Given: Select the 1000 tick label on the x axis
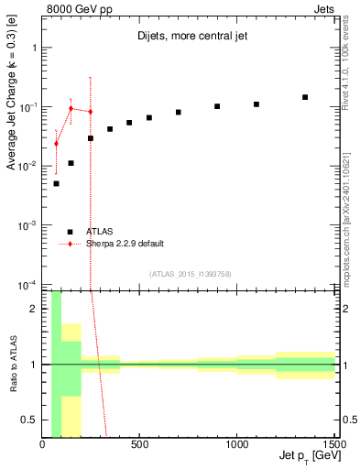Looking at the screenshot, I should tap(237, 444).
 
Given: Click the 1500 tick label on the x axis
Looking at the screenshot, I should tap(333, 444).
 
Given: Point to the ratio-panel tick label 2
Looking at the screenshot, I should tap(34, 309).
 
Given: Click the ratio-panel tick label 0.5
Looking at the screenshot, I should tap(30, 420).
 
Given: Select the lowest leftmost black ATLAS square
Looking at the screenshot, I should tap(56, 183).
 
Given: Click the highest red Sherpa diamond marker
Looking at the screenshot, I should tap(71, 108).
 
